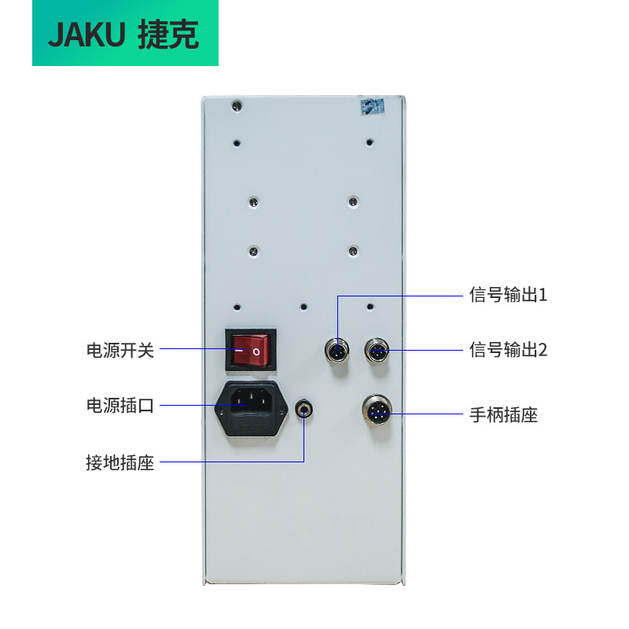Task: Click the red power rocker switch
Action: pyautogui.click(x=253, y=349)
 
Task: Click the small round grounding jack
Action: pyautogui.click(x=303, y=408)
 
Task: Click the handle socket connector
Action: pyautogui.click(x=377, y=410)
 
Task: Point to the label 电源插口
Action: pyautogui.click(x=120, y=406)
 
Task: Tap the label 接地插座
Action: pyautogui.click(x=120, y=462)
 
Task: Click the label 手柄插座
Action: pyautogui.click(x=503, y=414)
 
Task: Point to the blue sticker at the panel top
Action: pyautogui.click(x=371, y=105)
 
